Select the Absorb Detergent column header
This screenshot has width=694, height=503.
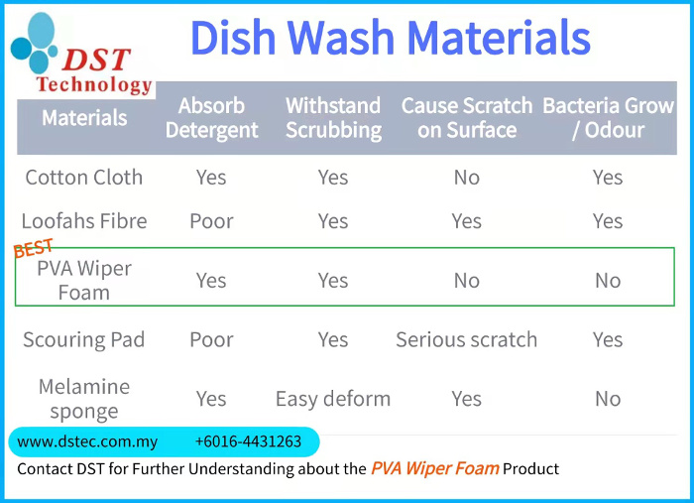tap(211, 118)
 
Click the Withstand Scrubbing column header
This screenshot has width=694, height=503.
tap(333, 118)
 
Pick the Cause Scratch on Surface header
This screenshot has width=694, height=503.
tap(466, 118)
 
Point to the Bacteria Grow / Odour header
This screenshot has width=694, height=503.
tap(608, 118)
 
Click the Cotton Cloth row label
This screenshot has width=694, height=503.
tap(84, 178)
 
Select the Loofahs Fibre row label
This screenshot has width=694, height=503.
tap(84, 221)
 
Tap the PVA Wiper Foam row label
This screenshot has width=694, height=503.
tap(84, 280)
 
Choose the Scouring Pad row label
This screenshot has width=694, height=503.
tap(84, 339)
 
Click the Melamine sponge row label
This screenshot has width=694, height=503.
tap(84, 398)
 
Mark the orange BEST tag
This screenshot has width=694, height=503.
tap(33, 249)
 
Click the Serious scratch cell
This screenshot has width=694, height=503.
tap(466, 339)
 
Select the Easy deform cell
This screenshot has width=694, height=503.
tap(333, 399)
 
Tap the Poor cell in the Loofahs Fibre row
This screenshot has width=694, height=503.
tap(211, 221)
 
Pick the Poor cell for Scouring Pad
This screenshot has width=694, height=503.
tap(211, 339)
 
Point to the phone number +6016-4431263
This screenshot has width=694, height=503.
tap(248, 441)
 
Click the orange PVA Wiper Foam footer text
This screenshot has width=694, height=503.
tap(434, 468)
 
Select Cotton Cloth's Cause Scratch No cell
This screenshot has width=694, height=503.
tap(466, 178)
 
